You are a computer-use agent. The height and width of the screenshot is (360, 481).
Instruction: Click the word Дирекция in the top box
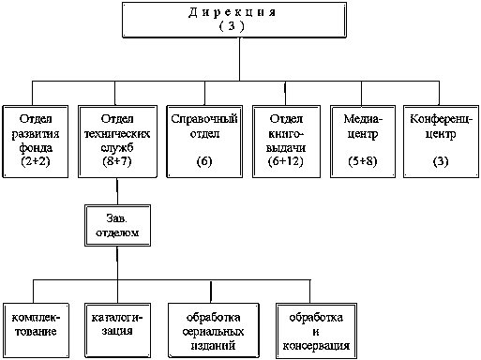[x=232, y=12]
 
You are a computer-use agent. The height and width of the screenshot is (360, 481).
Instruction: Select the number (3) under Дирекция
[x=232, y=26]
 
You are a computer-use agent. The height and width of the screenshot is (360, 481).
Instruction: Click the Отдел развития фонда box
[x=36, y=142]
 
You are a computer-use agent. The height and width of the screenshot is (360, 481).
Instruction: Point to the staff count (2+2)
[x=36, y=161]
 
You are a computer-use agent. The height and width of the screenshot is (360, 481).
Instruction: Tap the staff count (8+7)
[x=117, y=161]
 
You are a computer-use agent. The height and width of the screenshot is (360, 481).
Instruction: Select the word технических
[x=117, y=134]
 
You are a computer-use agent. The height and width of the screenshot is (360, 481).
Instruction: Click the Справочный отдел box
[x=204, y=142]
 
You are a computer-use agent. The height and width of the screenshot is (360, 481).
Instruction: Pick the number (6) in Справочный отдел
[x=204, y=161]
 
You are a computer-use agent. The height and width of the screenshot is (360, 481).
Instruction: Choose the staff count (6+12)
[x=286, y=161]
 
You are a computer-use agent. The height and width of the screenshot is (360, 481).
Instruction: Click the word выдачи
[x=286, y=147]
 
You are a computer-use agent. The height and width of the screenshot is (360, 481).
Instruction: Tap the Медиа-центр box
[x=363, y=142]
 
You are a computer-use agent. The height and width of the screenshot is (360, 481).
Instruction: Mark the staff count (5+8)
[x=363, y=161]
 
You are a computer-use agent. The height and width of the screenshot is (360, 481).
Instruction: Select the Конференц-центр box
[x=441, y=142]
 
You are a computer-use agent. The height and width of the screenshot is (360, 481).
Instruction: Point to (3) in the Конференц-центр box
[x=441, y=161]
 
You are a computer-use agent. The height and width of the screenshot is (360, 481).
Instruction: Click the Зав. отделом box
[x=117, y=225]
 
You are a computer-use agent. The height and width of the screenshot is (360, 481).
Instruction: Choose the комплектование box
[x=36, y=330]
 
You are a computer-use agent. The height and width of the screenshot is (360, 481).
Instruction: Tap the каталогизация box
[x=117, y=330]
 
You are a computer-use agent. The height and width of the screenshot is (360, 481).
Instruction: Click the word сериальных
[x=213, y=331]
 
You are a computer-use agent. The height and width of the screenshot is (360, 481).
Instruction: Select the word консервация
[x=316, y=346]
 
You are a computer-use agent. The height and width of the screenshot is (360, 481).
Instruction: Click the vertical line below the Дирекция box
[x=240, y=59]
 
